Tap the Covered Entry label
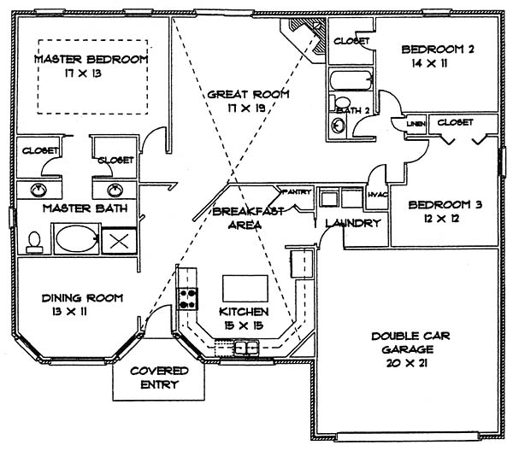154,378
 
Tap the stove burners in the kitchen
188,300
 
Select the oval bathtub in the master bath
77,237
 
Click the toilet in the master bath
34,242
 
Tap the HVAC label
377,195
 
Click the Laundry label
352,224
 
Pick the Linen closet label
416,125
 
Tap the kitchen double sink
248,347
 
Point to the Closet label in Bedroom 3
455,123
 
